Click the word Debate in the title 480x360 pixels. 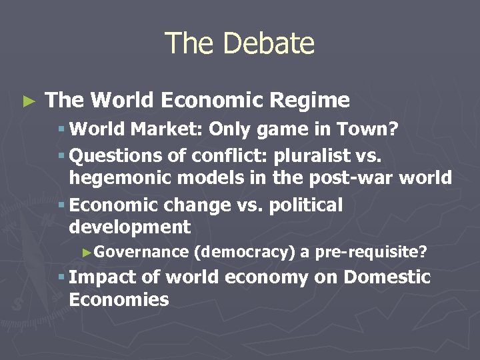269,43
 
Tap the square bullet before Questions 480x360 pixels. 61,156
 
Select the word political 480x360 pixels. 306,205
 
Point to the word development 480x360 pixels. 129,227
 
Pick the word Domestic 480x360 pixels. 387,277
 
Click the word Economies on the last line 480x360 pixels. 119,299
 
